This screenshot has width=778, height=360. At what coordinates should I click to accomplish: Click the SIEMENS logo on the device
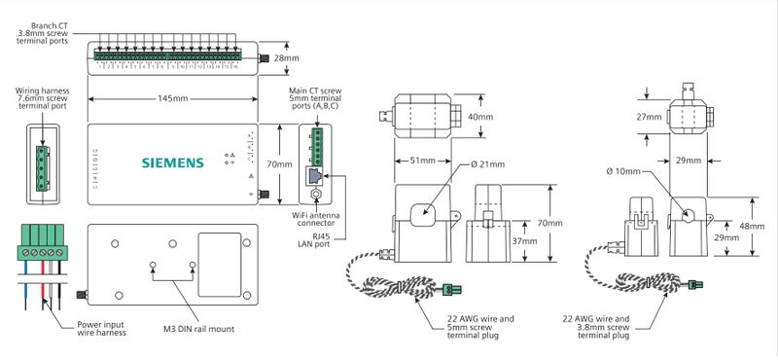[x=174, y=162]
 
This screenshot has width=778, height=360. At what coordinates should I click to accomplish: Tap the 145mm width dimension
[x=172, y=99]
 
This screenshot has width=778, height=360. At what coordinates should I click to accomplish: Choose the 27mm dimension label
[x=651, y=117]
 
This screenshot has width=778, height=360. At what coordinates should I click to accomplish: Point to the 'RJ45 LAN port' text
[x=312, y=237]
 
